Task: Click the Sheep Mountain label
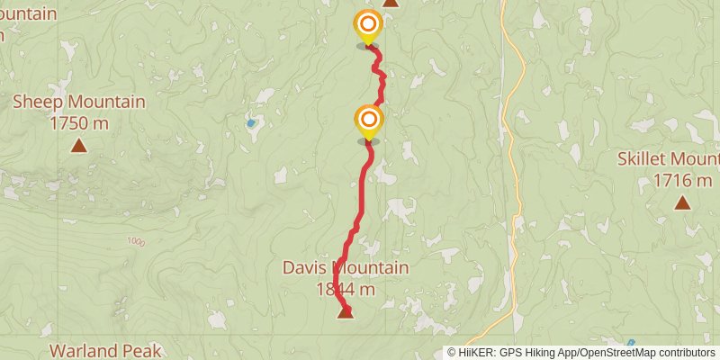pos(79,102)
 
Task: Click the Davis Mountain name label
pos(346,268)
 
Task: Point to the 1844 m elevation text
pos(346,289)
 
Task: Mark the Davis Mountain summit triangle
pos(345,312)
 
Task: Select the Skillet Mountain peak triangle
pos(683,202)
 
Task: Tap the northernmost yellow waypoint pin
pos(367,25)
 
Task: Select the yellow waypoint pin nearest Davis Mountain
pos(367,121)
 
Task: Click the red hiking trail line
pos(362,198)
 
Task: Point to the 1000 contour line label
pos(136,241)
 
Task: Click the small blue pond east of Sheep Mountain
pos(251,122)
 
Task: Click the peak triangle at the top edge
pos(390,3)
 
